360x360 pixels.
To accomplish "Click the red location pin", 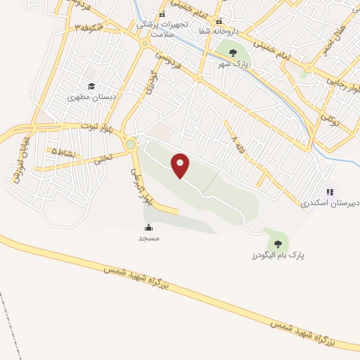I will pos(181,165).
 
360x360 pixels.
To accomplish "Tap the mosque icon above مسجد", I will pos(148,227).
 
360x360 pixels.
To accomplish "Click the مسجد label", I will pos(148,238).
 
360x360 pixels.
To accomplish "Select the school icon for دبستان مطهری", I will pos(91,87).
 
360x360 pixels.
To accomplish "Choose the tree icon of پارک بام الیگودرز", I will pos(278,244).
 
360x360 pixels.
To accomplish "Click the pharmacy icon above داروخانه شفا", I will pos(219,20).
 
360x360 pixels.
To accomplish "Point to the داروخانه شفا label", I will pos(219,31).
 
